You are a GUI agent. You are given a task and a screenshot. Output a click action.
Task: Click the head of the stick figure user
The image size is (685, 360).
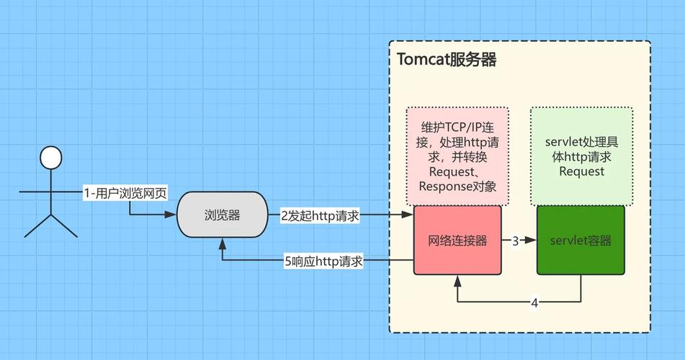(x=50, y=158)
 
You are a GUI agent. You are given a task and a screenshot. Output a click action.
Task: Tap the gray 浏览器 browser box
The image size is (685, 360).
(x=222, y=215)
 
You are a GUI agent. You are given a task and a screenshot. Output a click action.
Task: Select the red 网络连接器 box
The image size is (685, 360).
(x=457, y=240)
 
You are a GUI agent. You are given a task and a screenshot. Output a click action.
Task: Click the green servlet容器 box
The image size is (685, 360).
(x=581, y=240)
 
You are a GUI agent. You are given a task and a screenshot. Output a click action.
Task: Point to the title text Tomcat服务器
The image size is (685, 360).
(x=447, y=60)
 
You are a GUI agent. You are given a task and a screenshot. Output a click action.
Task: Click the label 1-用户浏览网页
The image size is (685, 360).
(x=125, y=193)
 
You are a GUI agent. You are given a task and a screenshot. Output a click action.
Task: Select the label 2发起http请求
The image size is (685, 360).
(x=319, y=215)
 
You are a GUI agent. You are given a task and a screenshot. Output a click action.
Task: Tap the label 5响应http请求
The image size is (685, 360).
(x=324, y=261)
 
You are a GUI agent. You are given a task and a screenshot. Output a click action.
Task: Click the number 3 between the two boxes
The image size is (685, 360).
(x=516, y=241)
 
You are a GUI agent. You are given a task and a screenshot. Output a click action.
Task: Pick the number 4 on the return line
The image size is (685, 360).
(x=534, y=303)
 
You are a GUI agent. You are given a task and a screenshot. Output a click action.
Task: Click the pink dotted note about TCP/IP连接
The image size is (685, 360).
(x=457, y=156)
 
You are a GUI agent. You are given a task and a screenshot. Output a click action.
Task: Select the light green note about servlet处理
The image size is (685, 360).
(x=581, y=156)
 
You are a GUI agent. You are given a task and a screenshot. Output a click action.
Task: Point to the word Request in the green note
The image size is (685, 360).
(x=581, y=172)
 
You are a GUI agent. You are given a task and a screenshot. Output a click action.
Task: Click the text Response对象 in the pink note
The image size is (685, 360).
(x=457, y=187)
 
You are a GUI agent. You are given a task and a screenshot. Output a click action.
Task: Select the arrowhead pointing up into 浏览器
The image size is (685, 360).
(x=222, y=243)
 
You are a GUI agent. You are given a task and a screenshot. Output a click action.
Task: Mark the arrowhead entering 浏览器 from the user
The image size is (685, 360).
(x=173, y=215)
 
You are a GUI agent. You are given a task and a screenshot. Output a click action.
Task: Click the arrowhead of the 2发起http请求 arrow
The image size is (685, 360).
(x=408, y=215)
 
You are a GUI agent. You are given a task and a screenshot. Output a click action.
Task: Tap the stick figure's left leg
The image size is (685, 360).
(x=36, y=226)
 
